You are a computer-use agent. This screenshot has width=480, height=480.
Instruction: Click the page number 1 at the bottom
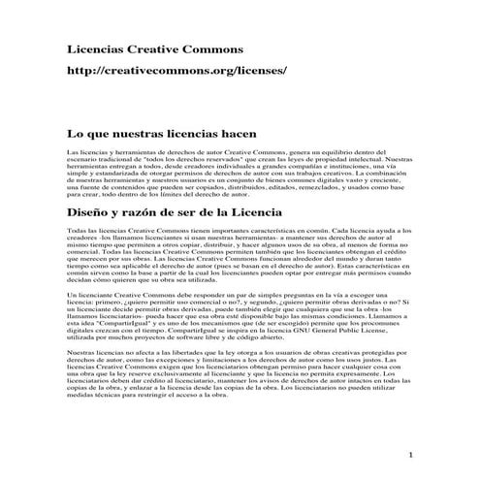[x=412, y=455]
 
